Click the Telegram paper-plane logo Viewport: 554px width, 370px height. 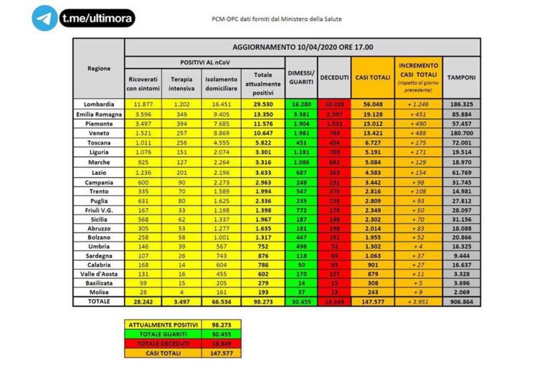[45, 19]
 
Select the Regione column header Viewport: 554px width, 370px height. [99, 68]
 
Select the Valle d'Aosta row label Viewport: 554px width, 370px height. [99, 275]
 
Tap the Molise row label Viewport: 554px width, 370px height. [99, 292]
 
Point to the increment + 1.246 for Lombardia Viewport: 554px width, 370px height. [418, 104]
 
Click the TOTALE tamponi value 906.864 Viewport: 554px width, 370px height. [461, 302]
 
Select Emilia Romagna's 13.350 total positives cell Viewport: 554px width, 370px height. [263, 113]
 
